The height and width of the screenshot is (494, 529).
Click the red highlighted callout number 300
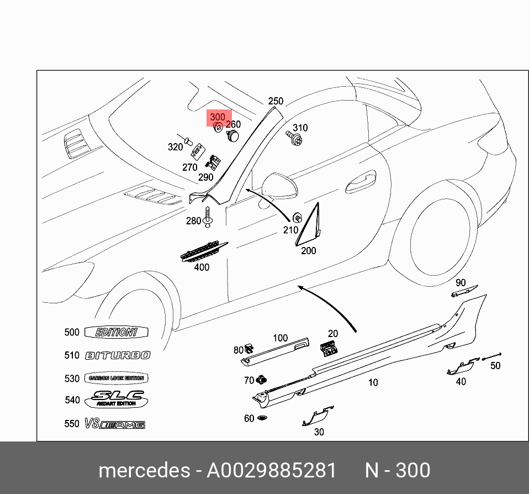218,117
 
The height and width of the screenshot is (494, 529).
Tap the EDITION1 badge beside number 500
116,333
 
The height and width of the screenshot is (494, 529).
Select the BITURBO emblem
118,356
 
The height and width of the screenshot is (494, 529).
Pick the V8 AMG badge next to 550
115,424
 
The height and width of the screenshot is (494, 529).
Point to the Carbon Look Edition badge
116,379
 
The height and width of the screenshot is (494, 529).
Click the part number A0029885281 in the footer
271,471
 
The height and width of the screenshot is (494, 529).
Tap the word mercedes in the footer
144,471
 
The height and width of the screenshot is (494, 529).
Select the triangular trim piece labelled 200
309,226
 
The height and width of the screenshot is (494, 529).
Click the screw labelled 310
297,139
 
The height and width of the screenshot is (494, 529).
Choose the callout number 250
276,101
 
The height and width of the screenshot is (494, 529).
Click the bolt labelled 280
208,218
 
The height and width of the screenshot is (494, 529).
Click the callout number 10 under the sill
373,382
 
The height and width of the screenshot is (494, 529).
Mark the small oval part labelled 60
262,418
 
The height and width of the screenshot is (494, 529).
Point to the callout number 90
461,283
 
